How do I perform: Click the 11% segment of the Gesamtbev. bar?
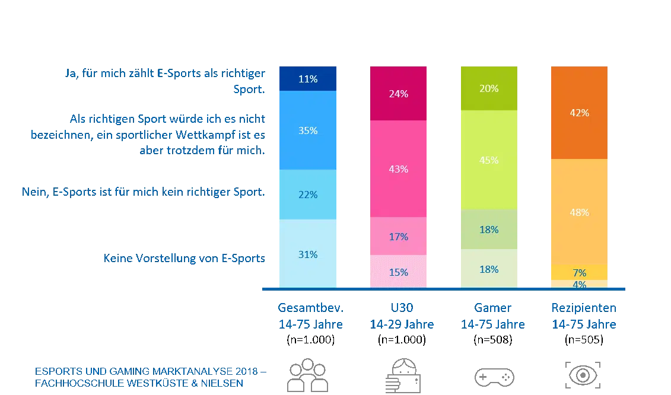click(x=308, y=79)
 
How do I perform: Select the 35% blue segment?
click(x=308, y=130)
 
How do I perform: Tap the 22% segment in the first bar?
click(x=308, y=195)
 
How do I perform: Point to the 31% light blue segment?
click(x=308, y=254)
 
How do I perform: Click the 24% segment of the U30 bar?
click(x=398, y=94)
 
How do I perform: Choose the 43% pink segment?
click(x=398, y=169)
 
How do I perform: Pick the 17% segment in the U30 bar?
click(x=398, y=237)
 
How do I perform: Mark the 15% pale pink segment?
click(x=398, y=272)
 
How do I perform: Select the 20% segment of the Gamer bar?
click(x=489, y=88)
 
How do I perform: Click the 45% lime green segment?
click(x=489, y=160)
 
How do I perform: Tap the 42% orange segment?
click(x=579, y=113)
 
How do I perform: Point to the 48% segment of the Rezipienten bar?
click(x=579, y=212)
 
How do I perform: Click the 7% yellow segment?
click(x=579, y=272)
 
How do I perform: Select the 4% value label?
click(x=579, y=284)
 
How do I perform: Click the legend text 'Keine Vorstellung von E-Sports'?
click(x=185, y=259)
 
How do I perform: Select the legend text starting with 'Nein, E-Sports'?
click(x=142, y=193)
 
